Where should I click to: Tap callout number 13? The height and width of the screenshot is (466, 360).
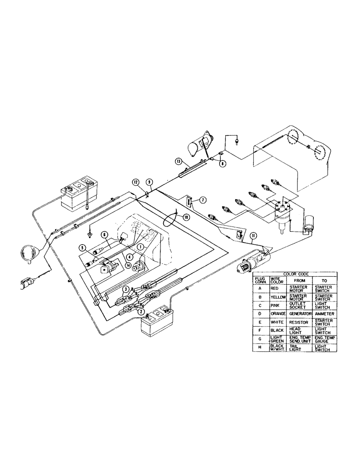point(179,161)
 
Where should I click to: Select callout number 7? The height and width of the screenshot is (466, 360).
point(204,200)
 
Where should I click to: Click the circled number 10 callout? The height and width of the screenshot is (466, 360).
point(186,216)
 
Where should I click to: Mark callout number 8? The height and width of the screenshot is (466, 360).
point(223,164)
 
